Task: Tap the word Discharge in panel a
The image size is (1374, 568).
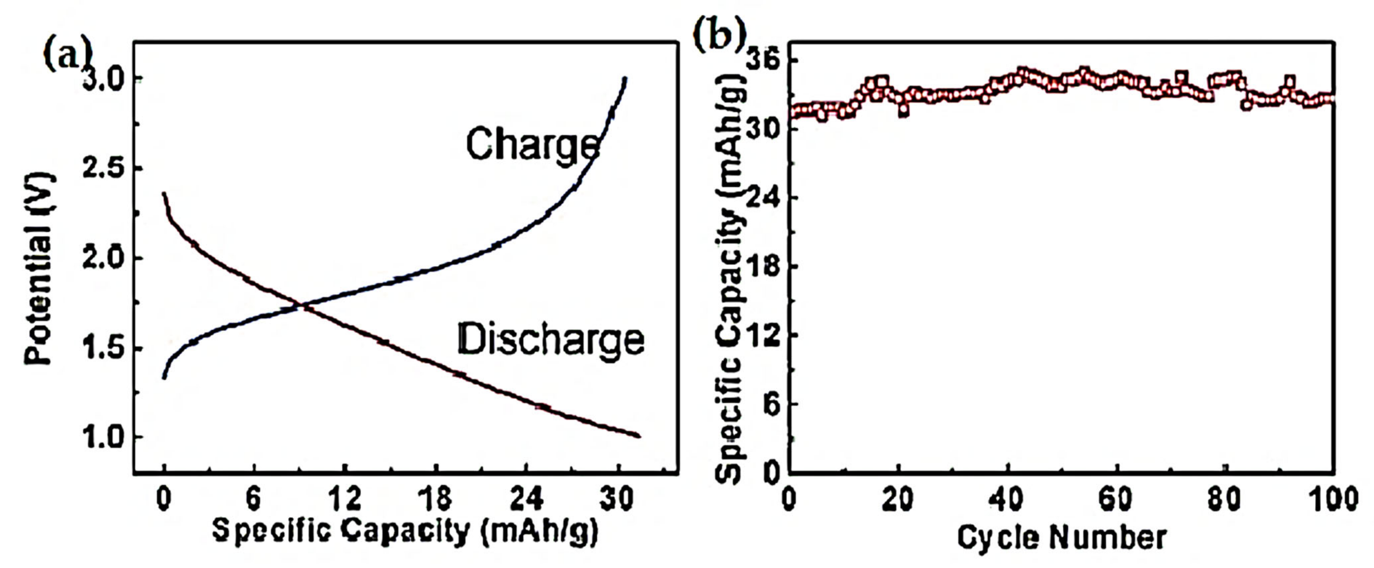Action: pyautogui.click(x=551, y=340)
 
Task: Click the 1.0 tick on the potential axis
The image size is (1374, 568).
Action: pyautogui.click(x=102, y=438)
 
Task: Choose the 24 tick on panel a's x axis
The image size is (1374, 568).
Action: pyautogui.click(x=527, y=499)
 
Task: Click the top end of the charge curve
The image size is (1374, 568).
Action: pyautogui.click(x=625, y=79)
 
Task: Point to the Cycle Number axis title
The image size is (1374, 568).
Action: pyautogui.click(x=1062, y=538)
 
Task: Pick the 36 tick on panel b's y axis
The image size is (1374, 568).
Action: pyautogui.click(x=769, y=60)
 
